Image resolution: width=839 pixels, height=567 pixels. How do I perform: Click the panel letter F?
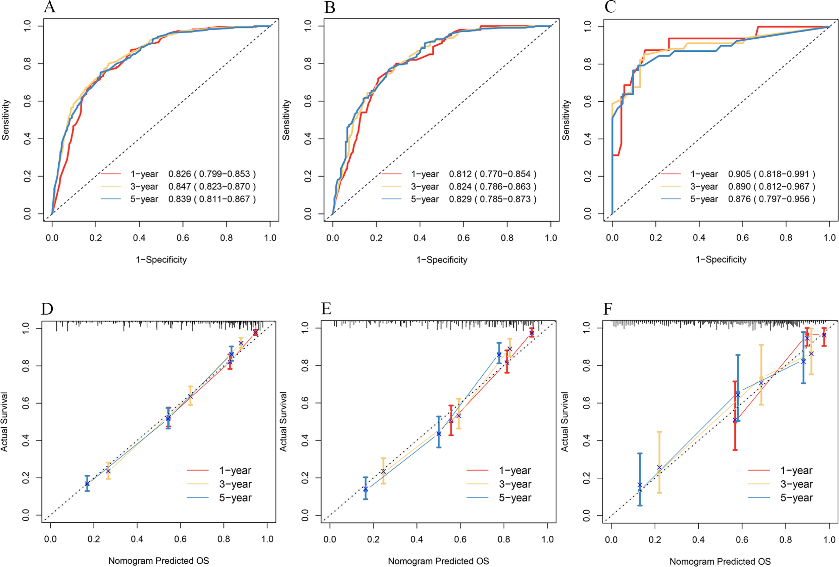(x=608, y=309)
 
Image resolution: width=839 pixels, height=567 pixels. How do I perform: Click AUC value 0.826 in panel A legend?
(x=180, y=174)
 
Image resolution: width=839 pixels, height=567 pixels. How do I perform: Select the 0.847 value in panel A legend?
(x=180, y=187)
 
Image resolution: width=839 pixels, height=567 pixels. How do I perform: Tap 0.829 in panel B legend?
(x=460, y=199)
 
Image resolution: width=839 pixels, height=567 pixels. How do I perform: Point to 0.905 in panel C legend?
(x=739, y=174)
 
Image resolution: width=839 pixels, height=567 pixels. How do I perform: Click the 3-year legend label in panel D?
(x=235, y=484)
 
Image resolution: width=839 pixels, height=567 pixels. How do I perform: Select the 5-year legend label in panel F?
(x=796, y=498)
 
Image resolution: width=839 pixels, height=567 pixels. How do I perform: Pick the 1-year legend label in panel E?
(x=515, y=471)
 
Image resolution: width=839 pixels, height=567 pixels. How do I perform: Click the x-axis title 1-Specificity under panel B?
(x=442, y=259)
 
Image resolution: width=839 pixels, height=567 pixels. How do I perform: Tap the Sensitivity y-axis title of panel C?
(x=566, y=120)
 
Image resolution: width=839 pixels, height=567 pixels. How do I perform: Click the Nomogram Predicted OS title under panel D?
(x=158, y=561)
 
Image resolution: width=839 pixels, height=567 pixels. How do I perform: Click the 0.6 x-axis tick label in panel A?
(x=183, y=238)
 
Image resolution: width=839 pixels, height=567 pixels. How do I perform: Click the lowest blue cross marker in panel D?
(x=87, y=483)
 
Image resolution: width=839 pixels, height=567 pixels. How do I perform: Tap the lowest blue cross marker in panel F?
(x=640, y=485)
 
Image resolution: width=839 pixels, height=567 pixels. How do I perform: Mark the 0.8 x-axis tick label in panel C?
(x=786, y=238)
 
